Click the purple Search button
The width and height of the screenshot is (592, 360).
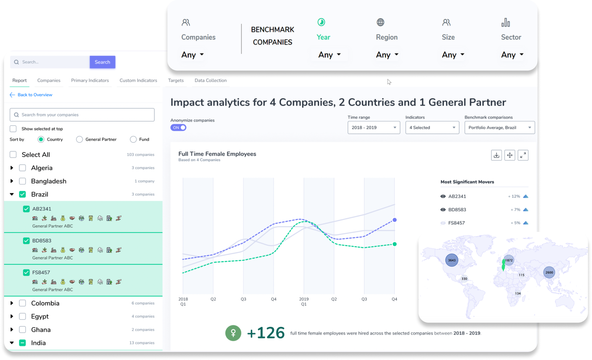click(x=102, y=62)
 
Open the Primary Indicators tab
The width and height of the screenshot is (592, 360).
click(x=90, y=81)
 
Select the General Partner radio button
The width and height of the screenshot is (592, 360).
click(x=80, y=139)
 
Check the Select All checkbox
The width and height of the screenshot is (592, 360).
click(x=13, y=155)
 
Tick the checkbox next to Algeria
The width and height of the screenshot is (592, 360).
click(x=23, y=168)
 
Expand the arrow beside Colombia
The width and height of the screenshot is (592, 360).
click(x=12, y=303)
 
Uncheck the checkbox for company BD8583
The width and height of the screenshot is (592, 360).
click(x=26, y=241)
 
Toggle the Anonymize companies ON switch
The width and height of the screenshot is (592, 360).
click(x=178, y=128)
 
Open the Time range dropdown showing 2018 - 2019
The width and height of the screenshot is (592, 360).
click(x=373, y=128)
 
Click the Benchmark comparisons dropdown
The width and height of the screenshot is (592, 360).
click(x=499, y=128)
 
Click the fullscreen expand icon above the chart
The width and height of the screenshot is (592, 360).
click(x=523, y=155)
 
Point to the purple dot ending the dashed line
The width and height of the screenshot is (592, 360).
click(x=395, y=220)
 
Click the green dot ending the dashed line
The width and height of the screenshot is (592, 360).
click(x=395, y=244)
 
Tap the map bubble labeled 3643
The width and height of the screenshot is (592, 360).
click(x=451, y=260)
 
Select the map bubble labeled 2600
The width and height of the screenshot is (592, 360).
click(x=549, y=272)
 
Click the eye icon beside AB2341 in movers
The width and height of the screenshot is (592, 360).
click(x=443, y=196)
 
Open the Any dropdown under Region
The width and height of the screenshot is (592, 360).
click(x=387, y=55)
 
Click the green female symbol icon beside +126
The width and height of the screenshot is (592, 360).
click(x=233, y=333)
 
